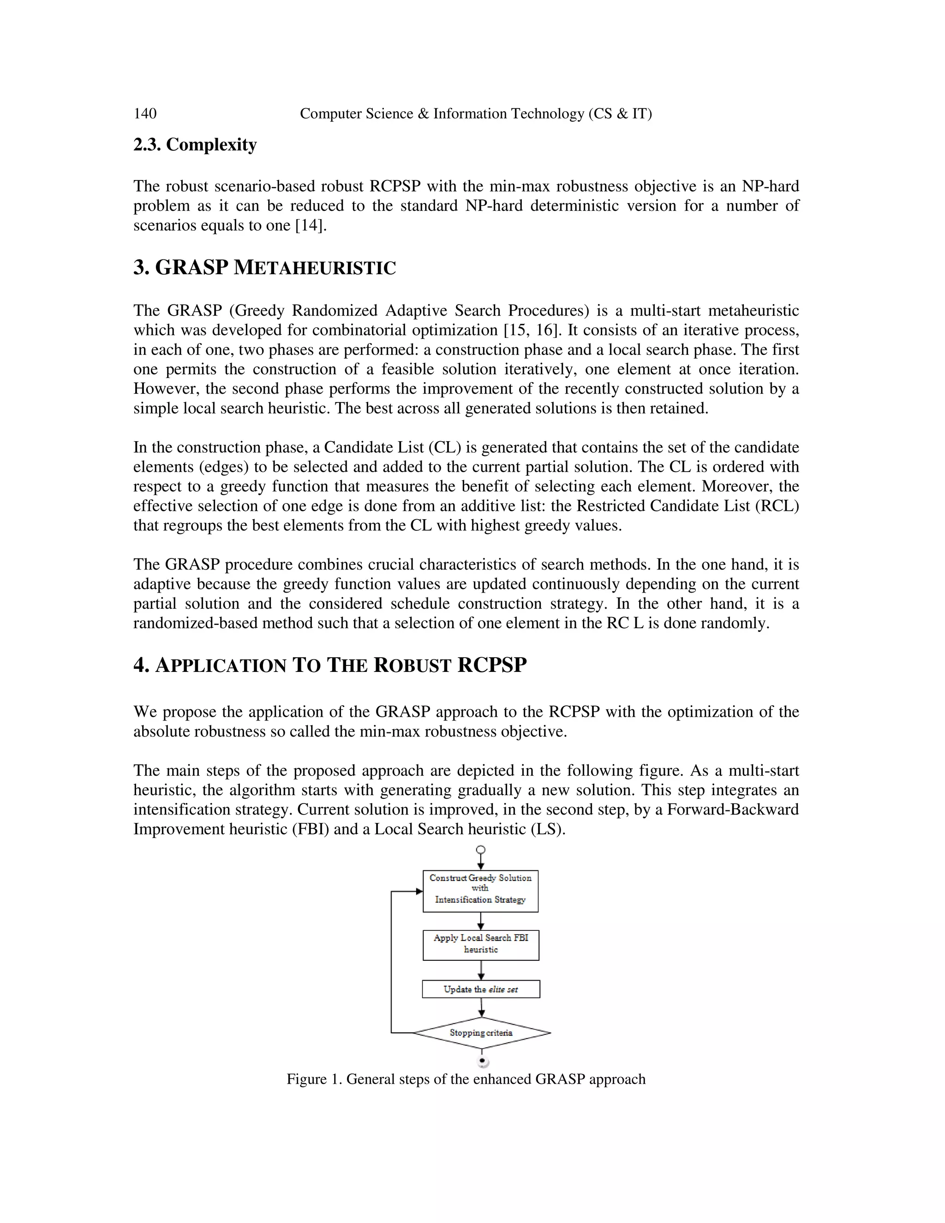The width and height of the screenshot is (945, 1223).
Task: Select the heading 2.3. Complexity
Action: coord(195,144)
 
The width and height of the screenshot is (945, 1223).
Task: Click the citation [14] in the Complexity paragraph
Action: coord(310,226)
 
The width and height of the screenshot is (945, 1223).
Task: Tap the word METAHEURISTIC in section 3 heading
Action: coord(314,268)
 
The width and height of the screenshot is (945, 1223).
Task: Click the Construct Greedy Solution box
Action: coord(480,891)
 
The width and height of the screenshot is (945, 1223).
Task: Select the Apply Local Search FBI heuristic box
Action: coord(481,945)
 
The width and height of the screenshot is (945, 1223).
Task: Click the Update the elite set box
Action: coord(481,989)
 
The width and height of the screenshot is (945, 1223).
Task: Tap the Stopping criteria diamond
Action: coord(481,1032)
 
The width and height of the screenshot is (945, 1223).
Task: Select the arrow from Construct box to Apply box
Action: coord(481,921)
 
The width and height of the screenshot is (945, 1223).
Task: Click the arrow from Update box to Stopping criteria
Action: coord(481,1007)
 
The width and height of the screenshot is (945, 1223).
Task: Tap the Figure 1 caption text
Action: coord(466,1079)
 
